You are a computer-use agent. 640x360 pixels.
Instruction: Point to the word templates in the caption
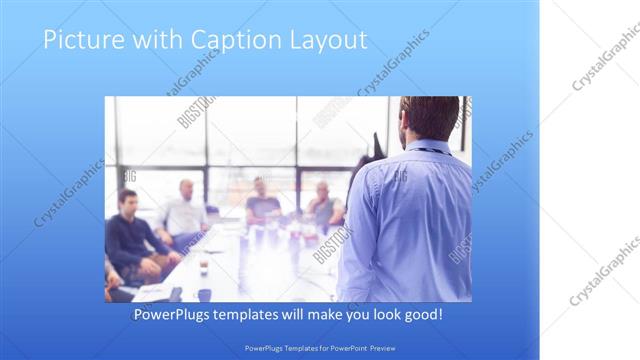[263, 315]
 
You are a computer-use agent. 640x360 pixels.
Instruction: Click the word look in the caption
[378, 315]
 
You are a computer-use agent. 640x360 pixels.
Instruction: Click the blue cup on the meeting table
[204, 294]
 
